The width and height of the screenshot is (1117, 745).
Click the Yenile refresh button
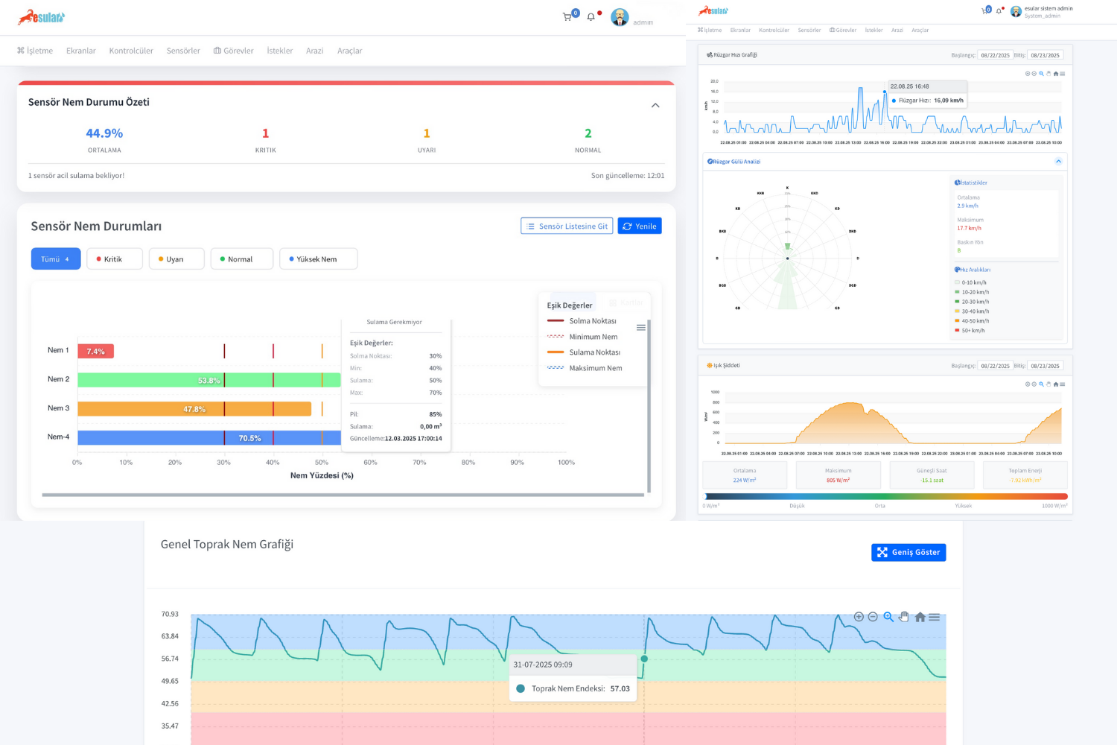(x=640, y=226)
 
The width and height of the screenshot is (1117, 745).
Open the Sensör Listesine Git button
(x=567, y=226)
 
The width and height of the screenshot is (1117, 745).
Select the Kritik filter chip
(x=114, y=259)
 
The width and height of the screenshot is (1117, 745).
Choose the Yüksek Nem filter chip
(x=318, y=259)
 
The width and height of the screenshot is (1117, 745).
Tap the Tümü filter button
(x=56, y=259)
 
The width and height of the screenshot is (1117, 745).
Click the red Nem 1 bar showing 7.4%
(x=95, y=351)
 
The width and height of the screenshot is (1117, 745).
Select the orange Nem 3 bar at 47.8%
(x=194, y=409)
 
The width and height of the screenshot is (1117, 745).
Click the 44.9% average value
(x=104, y=133)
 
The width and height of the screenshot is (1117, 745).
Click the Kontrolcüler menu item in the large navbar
(x=131, y=51)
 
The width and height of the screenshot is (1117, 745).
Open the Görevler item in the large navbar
(x=234, y=51)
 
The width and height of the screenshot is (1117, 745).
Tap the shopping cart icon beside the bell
(x=567, y=16)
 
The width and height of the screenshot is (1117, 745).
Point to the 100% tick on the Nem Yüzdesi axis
(x=566, y=463)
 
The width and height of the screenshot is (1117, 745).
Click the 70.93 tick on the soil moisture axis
(x=170, y=614)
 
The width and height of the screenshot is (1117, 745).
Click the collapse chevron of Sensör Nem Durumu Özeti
(x=655, y=105)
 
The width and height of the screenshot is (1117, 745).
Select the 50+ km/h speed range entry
(x=973, y=331)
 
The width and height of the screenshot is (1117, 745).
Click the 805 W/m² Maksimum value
(x=838, y=481)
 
